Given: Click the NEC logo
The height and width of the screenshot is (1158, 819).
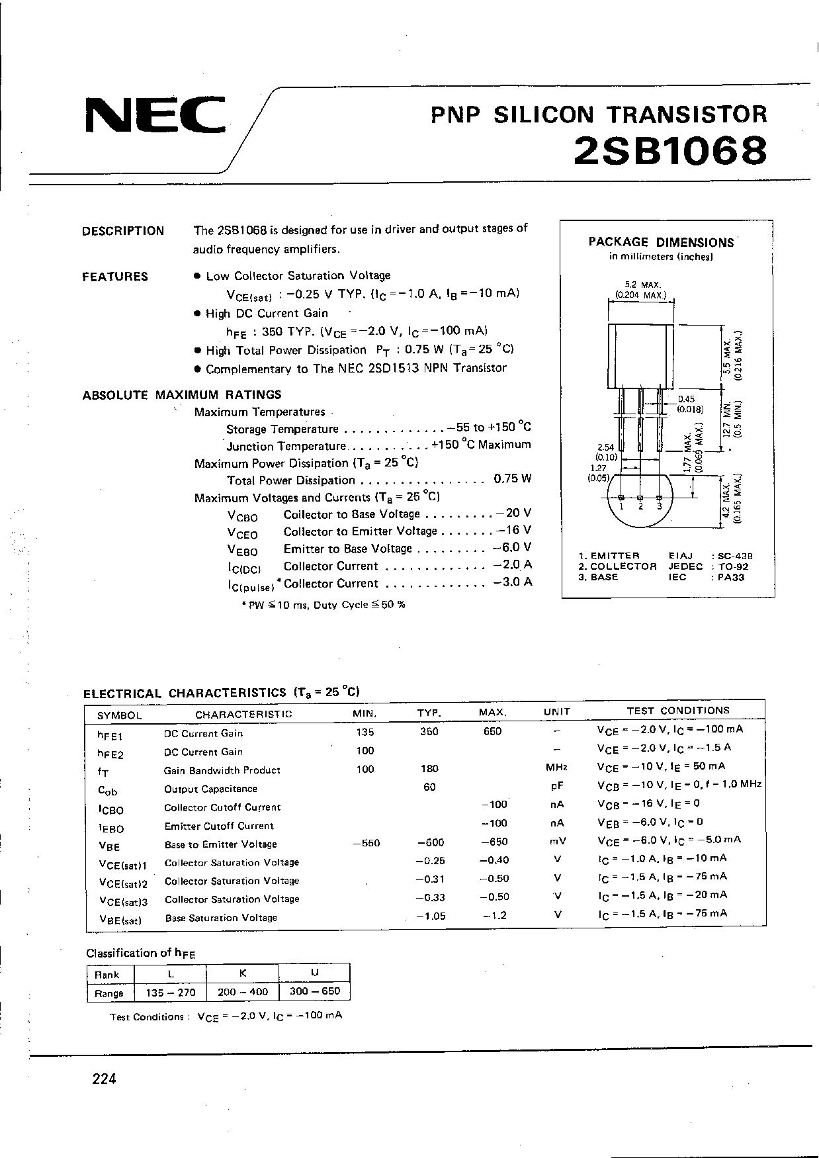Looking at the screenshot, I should (156, 116).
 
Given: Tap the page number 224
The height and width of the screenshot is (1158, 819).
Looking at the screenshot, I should (105, 1079).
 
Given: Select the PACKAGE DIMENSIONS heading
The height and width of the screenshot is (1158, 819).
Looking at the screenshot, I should (661, 242).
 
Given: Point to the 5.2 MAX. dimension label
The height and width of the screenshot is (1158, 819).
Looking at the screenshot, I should (640, 285).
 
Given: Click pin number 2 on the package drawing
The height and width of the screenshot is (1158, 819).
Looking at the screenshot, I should (640, 506).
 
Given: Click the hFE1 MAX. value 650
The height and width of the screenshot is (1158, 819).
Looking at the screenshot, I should (492, 731).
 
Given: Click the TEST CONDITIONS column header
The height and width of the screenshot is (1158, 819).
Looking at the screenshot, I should (678, 710).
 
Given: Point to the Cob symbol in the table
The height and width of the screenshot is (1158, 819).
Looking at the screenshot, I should (108, 790).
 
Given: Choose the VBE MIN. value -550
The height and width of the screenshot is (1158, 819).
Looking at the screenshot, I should (366, 843).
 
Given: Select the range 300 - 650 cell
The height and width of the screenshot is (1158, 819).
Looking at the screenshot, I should (315, 991).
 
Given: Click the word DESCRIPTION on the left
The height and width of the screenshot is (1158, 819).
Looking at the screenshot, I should (123, 231).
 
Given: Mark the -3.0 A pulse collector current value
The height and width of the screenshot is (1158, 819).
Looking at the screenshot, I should (513, 582).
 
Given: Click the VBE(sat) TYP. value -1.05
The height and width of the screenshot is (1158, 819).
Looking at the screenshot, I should (430, 916).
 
